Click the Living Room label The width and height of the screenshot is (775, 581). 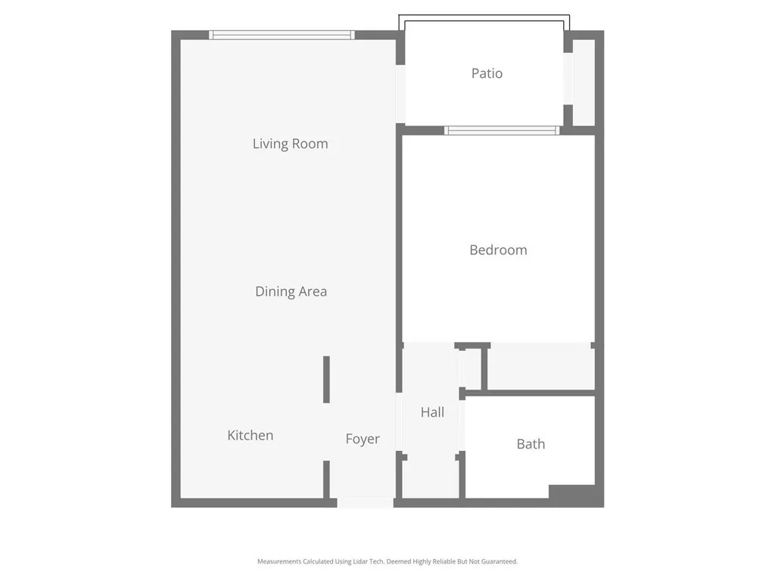[x=290, y=144]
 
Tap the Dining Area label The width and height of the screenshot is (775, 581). [x=291, y=291]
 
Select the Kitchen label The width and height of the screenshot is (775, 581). [x=250, y=435]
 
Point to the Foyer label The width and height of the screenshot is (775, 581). [x=363, y=439]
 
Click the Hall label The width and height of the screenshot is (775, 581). [x=432, y=412]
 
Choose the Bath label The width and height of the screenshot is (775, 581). [x=531, y=444]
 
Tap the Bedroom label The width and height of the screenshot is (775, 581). [x=498, y=250]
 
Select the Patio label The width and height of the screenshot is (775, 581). [x=487, y=73]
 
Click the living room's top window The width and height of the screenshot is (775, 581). [x=282, y=35]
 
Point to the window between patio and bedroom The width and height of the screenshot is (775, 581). [x=502, y=131]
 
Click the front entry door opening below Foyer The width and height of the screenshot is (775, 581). [x=365, y=502]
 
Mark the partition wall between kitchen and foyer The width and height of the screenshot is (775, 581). [x=327, y=380]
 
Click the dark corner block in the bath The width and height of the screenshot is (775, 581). [x=575, y=495]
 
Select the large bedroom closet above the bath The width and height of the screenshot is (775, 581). [x=540, y=368]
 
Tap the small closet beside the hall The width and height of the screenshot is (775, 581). [x=471, y=369]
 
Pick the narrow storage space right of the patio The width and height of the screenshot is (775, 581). [x=584, y=82]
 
